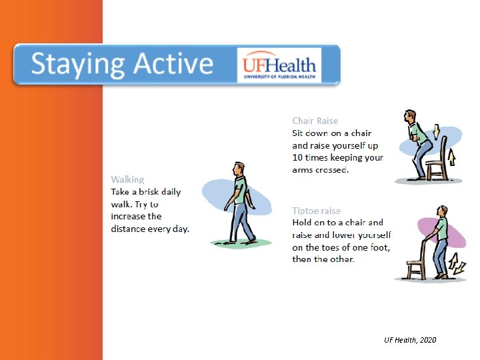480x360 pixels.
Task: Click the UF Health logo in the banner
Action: (x=279, y=65)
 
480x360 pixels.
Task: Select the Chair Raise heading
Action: (x=315, y=121)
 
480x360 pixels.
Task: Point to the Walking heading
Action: (x=127, y=179)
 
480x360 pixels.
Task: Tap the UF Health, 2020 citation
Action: (x=410, y=340)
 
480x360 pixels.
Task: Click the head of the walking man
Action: (x=238, y=167)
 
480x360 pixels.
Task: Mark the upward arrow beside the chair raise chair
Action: (x=451, y=157)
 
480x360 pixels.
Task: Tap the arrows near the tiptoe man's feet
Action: (x=459, y=268)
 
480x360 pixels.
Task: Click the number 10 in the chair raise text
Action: (x=298, y=158)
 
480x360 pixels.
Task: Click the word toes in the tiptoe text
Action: (x=333, y=247)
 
